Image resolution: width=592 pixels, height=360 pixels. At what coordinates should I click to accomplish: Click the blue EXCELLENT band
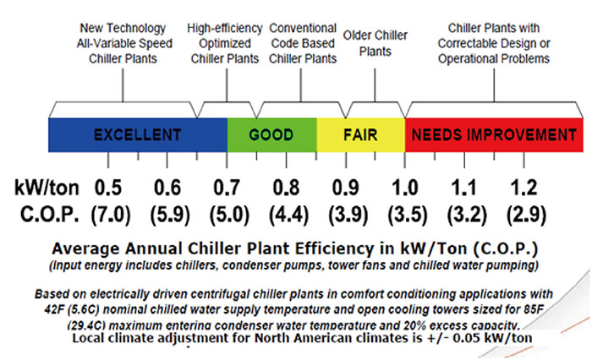[x=138, y=134]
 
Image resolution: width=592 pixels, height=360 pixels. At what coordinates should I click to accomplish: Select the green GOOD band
[x=271, y=134]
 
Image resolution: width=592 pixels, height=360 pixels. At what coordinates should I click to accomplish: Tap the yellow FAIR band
[x=360, y=134]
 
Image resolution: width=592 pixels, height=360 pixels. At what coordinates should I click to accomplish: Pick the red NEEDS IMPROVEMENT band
[x=494, y=134]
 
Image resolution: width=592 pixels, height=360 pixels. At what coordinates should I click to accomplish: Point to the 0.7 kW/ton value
[x=226, y=185]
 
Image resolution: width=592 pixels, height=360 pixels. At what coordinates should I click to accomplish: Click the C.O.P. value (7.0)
[x=107, y=212]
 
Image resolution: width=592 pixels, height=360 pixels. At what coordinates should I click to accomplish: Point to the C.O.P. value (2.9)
[x=525, y=212]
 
